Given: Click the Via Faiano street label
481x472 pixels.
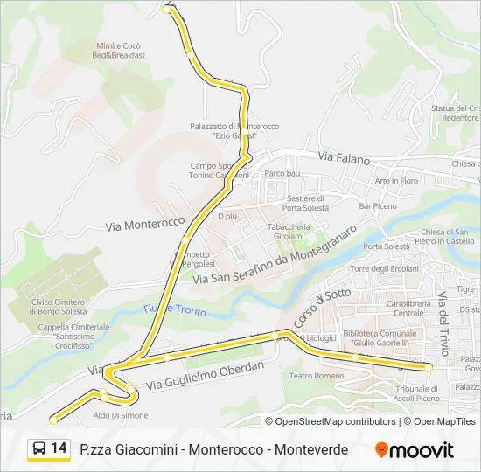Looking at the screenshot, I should [x=344, y=159].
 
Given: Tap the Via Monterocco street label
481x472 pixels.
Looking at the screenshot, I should [x=144, y=225].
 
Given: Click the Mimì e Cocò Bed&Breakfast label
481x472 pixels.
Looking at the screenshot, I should [x=119, y=50].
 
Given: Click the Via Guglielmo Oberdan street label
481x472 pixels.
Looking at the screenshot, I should [x=205, y=376].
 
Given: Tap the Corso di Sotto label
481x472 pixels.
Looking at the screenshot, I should [x=309, y=309].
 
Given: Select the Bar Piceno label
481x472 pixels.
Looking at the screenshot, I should [x=378, y=206].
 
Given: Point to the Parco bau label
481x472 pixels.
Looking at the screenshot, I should [x=282, y=173].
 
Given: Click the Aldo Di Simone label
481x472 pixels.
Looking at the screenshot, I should [x=121, y=415].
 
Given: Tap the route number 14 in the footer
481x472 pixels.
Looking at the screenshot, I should [x=59, y=448].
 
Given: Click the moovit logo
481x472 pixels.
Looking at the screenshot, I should [x=415, y=449].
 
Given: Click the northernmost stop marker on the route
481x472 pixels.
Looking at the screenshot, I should [x=168, y=10].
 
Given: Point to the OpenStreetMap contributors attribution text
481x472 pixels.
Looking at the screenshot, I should [x=336, y=421].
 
